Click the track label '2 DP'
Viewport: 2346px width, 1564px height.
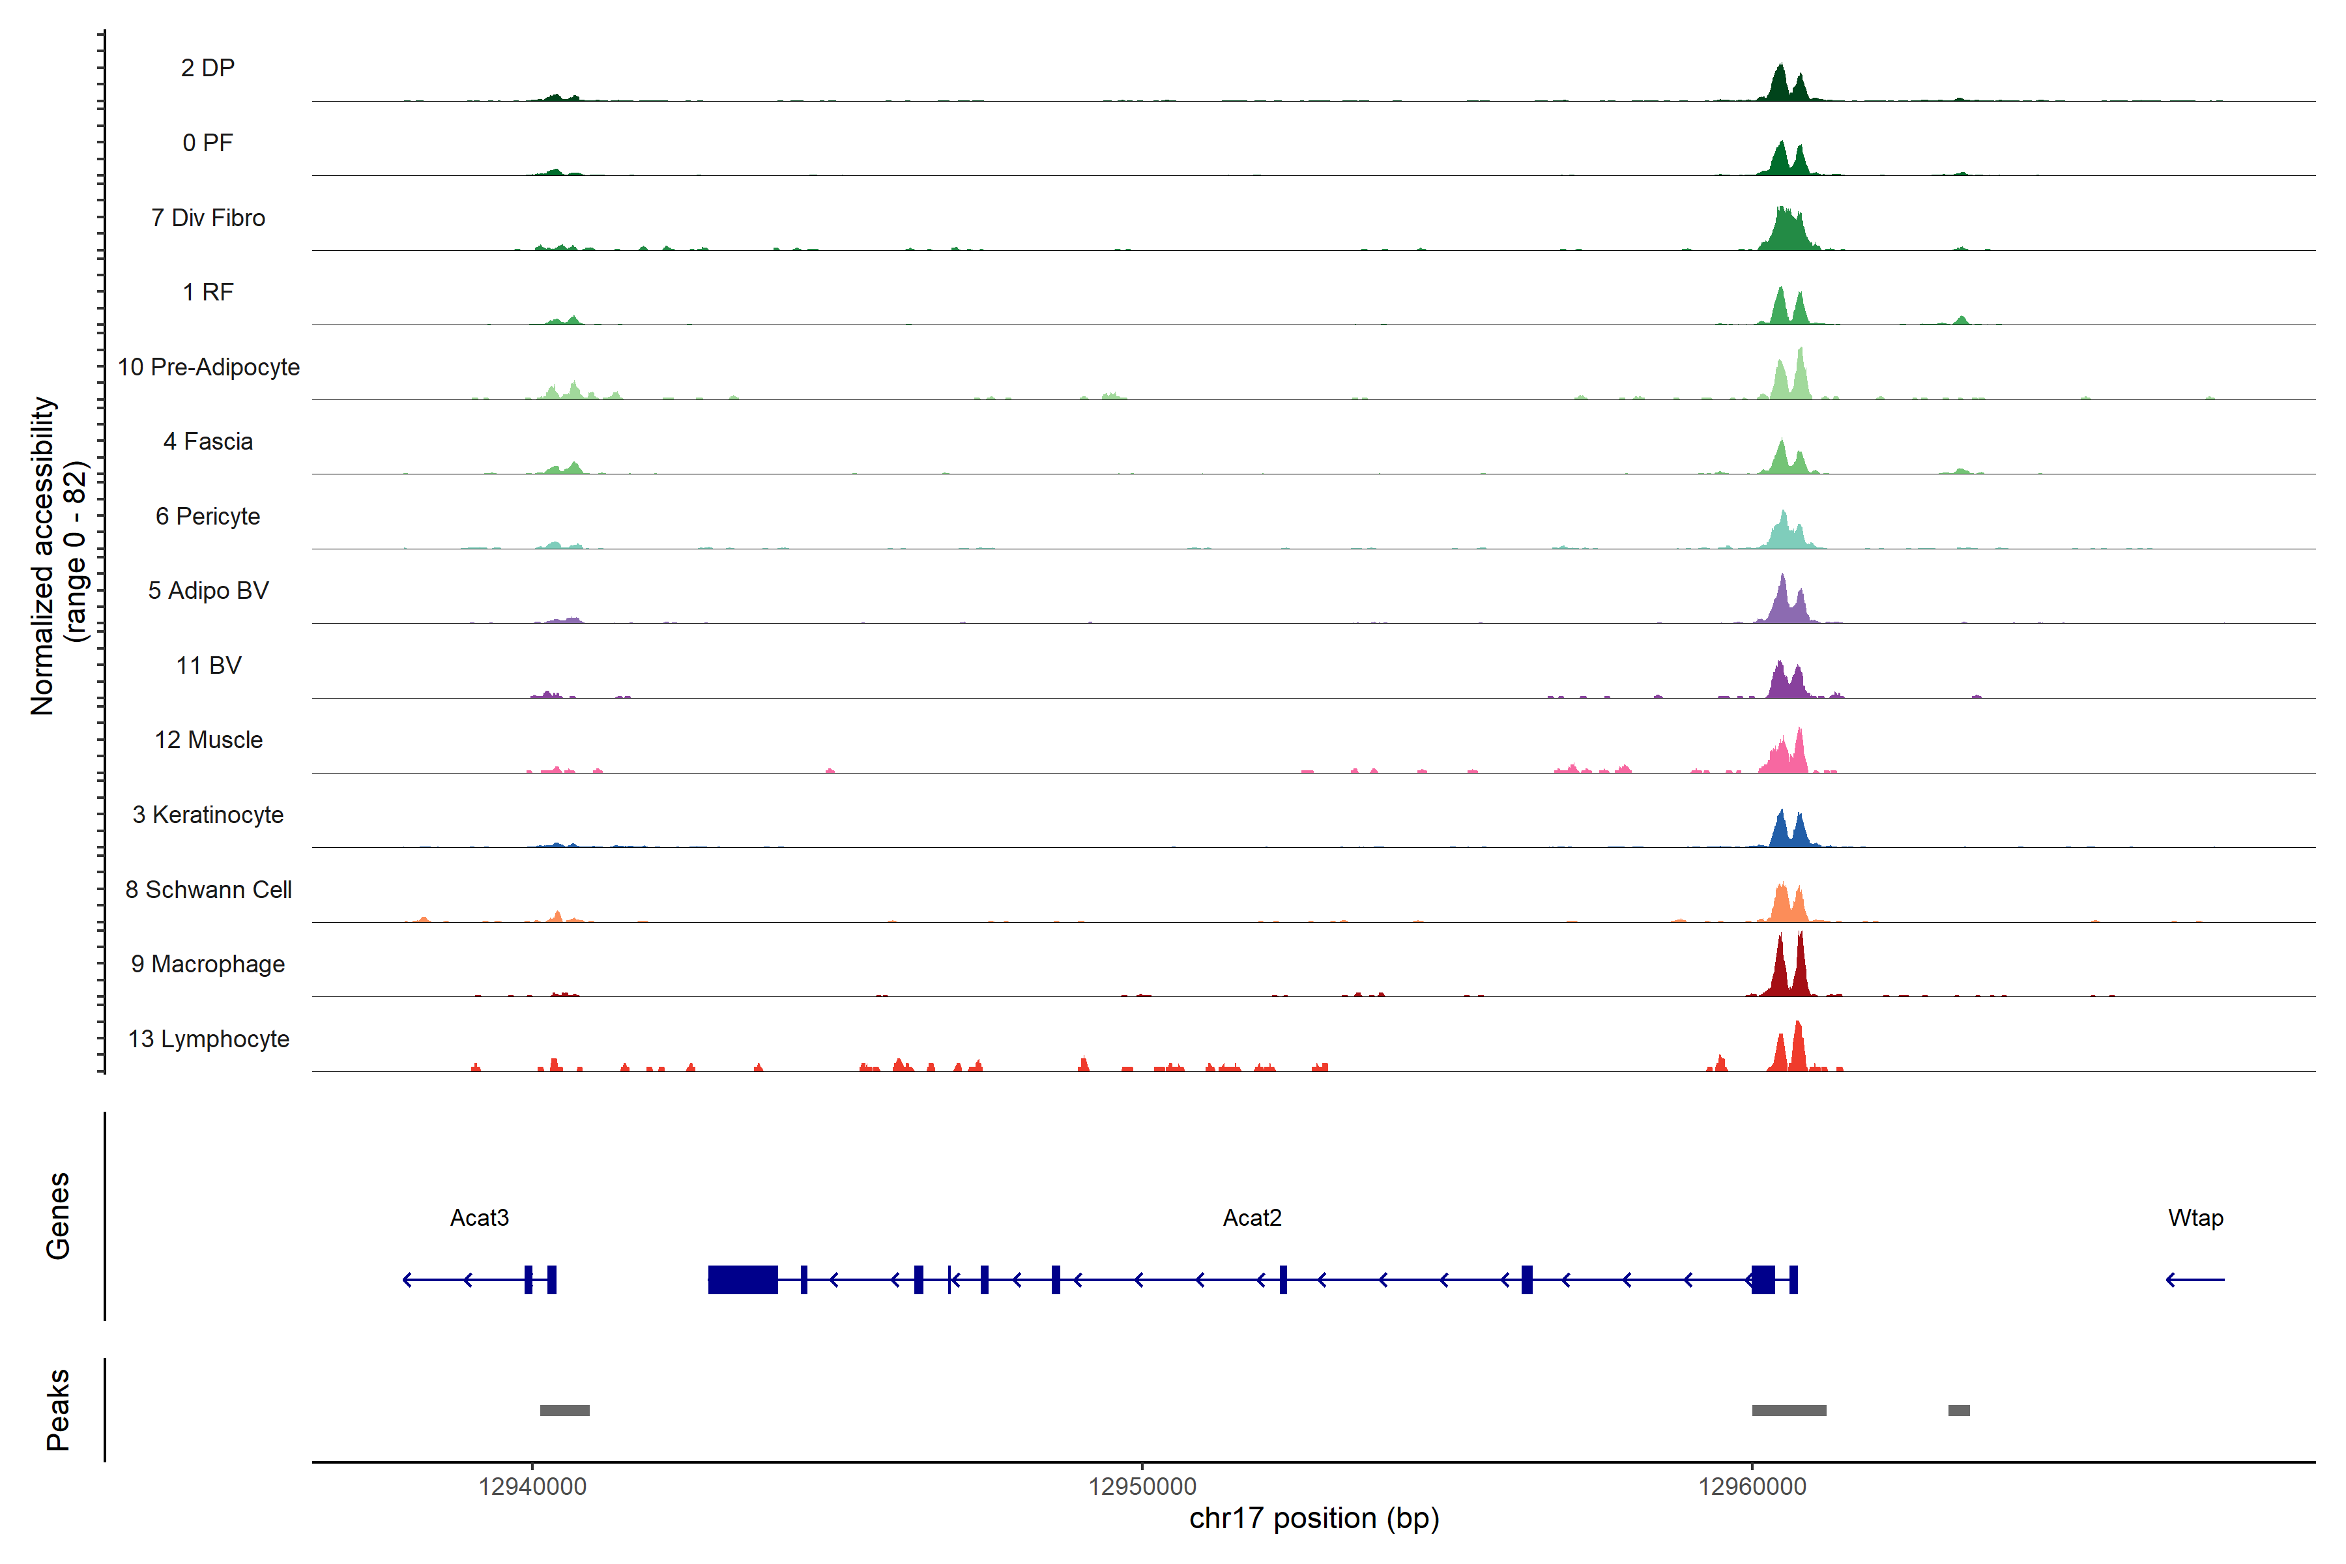pyautogui.click(x=207, y=68)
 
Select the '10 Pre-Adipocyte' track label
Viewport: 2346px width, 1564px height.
pyautogui.click(x=209, y=367)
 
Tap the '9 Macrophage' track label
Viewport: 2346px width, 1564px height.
pyautogui.click(x=207, y=964)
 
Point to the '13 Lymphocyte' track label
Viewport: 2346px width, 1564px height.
pyautogui.click(x=209, y=1039)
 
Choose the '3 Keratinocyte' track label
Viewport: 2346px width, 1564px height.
pyautogui.click(x=207, y=815)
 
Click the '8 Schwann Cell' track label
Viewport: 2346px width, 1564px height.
pyautogui.click(x=209, y=890)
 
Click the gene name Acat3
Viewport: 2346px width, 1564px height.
pyautogui.click(x=480, y=1218)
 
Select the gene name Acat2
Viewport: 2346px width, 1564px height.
pyautogui.click(x=1252, y=1218)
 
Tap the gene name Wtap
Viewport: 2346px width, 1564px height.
pyautogui.click(x=2195, y=1218)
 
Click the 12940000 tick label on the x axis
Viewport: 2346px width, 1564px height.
pyautogui.click(x=532, y=1487)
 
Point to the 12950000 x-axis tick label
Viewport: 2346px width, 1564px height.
pyautogui.click(x=1142, y=1487)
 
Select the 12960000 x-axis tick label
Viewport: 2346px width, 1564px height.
pyautogui.click(x=1752, y=1487)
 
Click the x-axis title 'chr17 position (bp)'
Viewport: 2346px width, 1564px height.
pyautogui.click(x=1314, y=1519)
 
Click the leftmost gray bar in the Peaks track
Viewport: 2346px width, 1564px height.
pyautogui.click(x=564, y=1410)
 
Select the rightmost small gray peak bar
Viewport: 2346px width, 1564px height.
pyautogui.click(x=1959, y=1410)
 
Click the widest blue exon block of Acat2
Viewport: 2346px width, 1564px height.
pyautogui.click(x=743, y=1280)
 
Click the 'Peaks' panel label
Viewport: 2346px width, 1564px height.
pyautogui.click(x=58, y=1410)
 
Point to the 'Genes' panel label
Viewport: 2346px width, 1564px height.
pyautogui.click(x=58, y=1216)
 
